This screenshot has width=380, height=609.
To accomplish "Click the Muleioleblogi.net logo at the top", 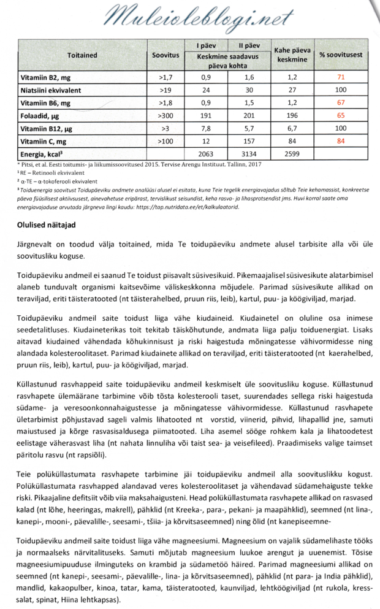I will click(190, 17).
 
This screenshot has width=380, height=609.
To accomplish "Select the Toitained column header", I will click(80, 55).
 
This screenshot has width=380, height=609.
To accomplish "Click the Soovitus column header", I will click(165, 55).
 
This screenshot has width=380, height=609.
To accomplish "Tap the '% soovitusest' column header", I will click(341, 55).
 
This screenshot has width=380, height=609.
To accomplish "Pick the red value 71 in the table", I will click(341, 79).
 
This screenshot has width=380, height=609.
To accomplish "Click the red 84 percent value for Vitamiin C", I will click(341, 141).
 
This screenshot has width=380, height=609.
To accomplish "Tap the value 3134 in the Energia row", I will click(249, 153).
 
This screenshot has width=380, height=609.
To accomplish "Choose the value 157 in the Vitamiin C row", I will click(249, 141).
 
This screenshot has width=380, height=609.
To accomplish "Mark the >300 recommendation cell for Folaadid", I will click(165, 116).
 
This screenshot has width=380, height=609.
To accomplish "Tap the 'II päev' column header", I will click(249, 45).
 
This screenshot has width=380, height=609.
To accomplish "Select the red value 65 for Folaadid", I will click(341, 116).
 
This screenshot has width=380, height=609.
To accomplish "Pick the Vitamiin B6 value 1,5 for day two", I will click(249, 104).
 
